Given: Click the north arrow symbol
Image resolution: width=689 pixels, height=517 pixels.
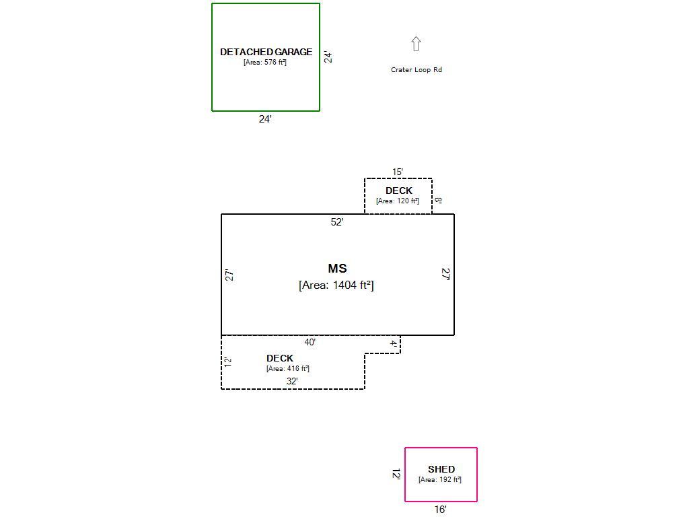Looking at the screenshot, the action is pos(416,44).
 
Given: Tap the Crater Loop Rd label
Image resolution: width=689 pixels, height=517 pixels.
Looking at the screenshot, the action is pos(416,69).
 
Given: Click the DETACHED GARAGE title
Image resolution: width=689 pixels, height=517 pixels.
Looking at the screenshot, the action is pos(266,52).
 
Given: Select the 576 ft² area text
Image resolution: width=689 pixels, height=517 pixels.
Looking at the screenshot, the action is pos(265,62).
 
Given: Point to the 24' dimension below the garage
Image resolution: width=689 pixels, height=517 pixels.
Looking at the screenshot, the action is pos(265,119).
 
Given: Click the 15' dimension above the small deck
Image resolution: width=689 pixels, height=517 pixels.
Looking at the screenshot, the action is pos(398,172).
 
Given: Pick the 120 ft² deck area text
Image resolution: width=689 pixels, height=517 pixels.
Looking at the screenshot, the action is pos(398,201).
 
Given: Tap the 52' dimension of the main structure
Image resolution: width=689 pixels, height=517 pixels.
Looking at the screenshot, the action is pos(337,222).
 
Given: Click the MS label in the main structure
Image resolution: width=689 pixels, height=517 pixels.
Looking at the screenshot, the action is pos(337,269).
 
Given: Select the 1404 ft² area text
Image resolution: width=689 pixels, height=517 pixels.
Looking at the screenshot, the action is pos(336,285).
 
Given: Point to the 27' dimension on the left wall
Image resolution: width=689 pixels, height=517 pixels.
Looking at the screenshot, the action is pos(229,275).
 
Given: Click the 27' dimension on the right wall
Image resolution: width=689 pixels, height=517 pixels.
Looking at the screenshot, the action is pos(445,274).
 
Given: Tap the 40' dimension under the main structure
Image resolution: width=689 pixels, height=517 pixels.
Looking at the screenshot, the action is pos(310,343).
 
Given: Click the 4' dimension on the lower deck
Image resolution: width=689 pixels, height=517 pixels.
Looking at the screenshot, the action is pos(394,344).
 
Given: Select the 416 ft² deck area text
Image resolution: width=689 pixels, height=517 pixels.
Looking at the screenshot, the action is pos(288,368).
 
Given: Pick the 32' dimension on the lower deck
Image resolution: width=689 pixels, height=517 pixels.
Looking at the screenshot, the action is pos(292,381).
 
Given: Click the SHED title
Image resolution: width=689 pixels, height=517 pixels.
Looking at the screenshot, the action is pos(441,469).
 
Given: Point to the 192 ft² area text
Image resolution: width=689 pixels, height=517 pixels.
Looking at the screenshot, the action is pos(440,479).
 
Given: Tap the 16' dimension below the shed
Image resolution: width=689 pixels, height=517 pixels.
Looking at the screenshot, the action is pos(440,510).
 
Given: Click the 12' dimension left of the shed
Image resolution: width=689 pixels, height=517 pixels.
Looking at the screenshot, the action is pos(396,474).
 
